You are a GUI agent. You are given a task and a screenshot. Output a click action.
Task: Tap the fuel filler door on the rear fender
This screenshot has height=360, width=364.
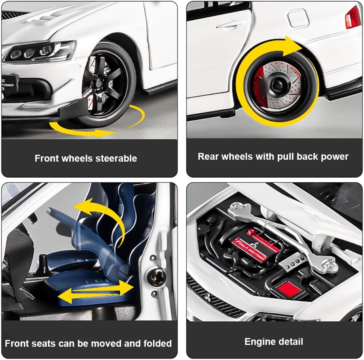tap(298, 18)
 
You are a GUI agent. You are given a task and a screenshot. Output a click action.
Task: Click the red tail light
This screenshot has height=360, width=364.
tap(353, 17)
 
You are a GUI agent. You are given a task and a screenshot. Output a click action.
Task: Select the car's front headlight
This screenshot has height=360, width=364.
tap(39, 51)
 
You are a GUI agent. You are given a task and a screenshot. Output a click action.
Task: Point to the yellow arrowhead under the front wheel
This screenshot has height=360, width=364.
tap(105, 133)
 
